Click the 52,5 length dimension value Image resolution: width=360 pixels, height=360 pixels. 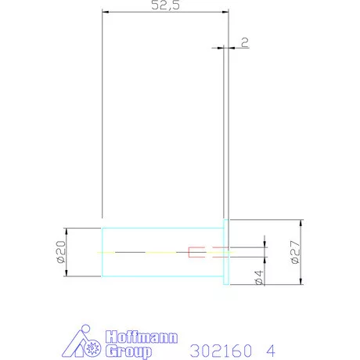[165, 5]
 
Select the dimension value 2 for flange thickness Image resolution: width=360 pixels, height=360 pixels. [245, 42]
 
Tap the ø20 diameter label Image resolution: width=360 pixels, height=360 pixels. [61, 252]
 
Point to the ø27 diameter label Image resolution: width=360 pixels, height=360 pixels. [295, 252]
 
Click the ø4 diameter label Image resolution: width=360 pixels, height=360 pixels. [259, 278]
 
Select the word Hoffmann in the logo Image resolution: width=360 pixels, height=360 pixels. [142, 337]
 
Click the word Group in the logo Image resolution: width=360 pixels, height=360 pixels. [128, 351]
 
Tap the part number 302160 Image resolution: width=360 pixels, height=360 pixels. [221, 351]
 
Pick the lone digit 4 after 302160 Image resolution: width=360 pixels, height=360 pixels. [271, 351]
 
